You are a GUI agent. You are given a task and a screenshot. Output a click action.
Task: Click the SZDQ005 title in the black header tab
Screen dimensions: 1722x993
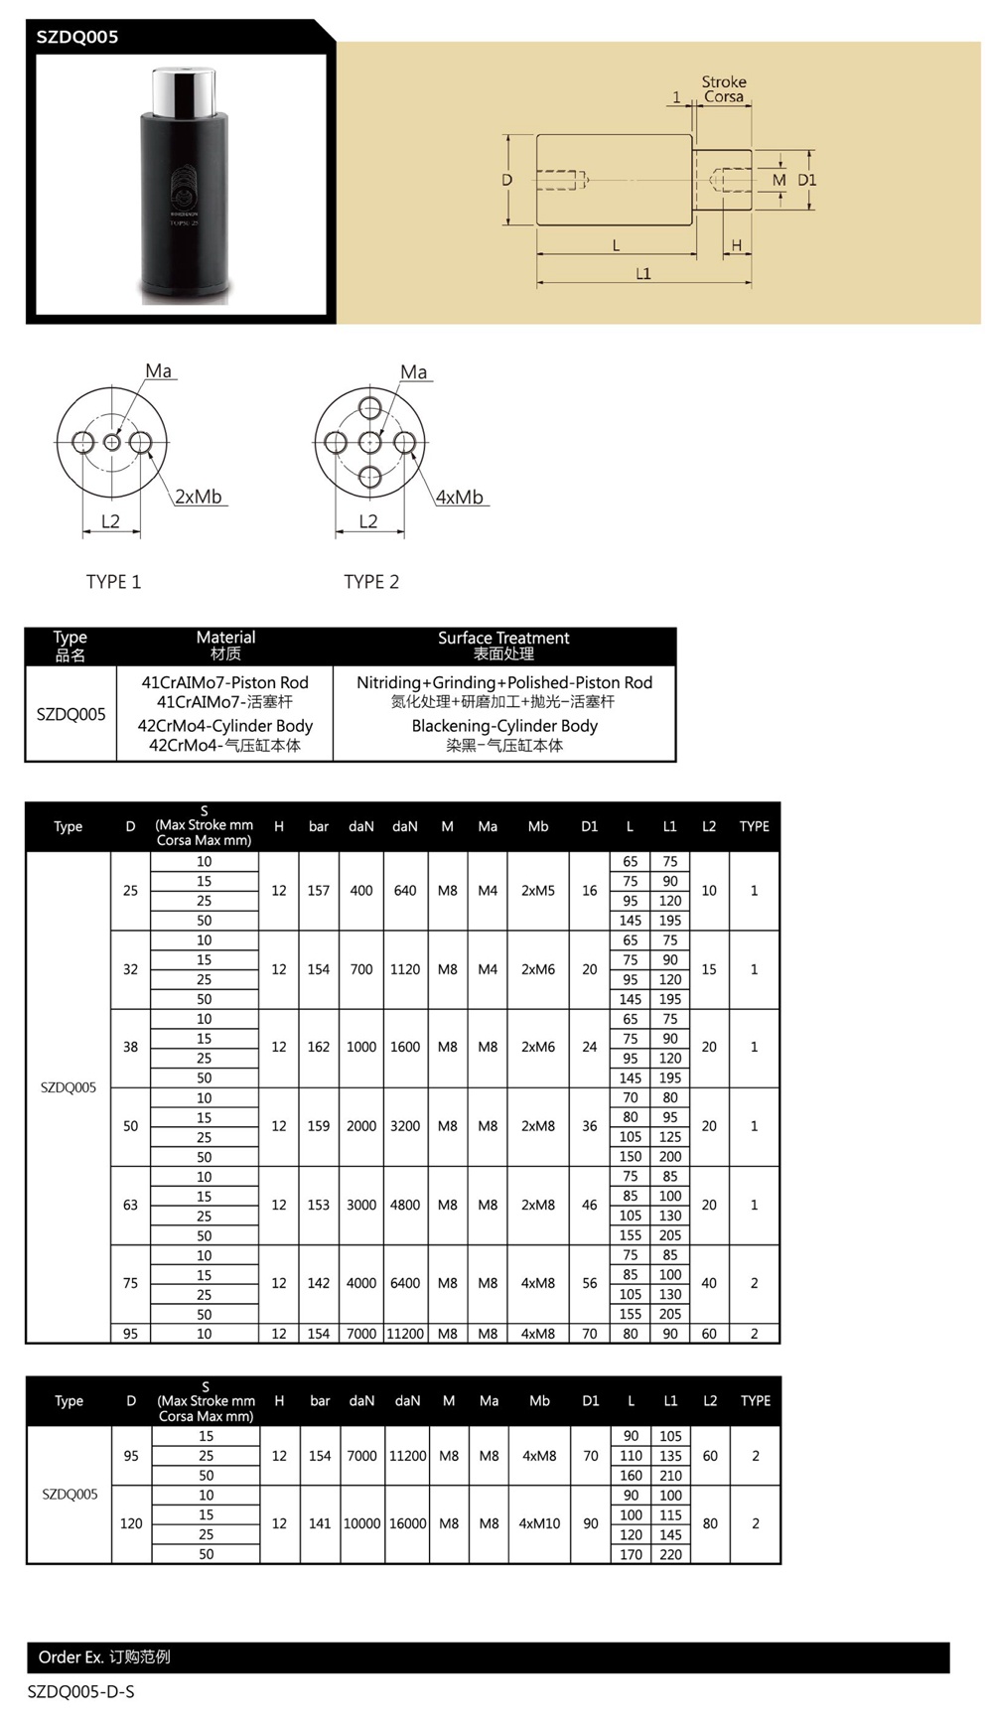point(77,38)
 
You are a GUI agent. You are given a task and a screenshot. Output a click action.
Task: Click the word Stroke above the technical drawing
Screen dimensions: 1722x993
point(724,82)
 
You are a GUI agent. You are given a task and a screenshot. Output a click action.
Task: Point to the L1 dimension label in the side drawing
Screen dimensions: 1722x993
point(643,274)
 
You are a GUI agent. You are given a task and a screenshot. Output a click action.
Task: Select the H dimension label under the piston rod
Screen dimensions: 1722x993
point(736,245)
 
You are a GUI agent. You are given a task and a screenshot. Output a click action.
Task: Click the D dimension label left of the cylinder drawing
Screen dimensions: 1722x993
point(506,180)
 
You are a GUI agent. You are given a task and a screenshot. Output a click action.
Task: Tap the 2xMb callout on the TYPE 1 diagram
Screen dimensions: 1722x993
point(199,497)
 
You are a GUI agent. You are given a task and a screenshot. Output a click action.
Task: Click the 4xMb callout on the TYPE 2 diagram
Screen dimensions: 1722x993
point(459,497)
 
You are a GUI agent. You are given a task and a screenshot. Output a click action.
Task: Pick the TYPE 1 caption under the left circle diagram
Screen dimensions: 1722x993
point(113,582)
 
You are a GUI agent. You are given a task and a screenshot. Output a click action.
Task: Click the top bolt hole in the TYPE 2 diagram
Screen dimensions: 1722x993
point(370,407)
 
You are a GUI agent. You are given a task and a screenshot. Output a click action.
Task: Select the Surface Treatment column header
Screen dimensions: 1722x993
point(503,638)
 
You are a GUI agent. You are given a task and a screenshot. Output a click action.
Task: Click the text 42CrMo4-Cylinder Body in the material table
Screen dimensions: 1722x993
point(224,726)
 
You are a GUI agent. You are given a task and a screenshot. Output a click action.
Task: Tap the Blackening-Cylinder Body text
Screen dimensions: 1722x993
point(504,726)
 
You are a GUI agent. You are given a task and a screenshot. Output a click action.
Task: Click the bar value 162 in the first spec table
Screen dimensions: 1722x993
point(318,1047)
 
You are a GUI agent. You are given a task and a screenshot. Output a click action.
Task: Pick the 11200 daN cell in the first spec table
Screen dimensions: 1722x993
point(405,1334)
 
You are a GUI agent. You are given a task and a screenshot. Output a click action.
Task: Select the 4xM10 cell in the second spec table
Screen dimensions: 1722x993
point(539,1523)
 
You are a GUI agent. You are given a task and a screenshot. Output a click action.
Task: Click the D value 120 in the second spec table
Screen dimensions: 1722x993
point(131,1523)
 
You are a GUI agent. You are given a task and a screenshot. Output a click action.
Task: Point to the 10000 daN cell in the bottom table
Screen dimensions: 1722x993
point(361,1523)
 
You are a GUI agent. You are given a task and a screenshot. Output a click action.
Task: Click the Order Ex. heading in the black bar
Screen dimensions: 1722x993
point(71,1656)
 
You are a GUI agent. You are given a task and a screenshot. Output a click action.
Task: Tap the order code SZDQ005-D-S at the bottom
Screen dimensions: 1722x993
point(80,1691)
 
